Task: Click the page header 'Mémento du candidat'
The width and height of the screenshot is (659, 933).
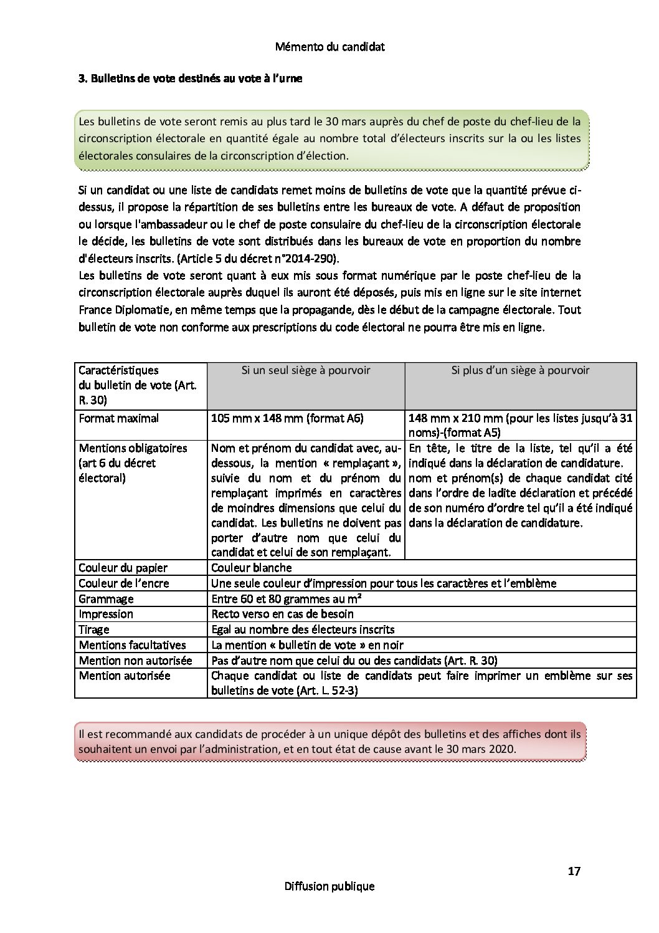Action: (x=329, y=47)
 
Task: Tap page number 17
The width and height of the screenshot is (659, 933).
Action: (x=574, y=871)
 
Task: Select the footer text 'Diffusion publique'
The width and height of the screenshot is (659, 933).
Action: (x=329, y=886)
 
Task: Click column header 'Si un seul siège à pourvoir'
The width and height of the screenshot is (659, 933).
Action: (x=306, y=370)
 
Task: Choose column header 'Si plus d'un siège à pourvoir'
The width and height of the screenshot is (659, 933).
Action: (x=520, y=370)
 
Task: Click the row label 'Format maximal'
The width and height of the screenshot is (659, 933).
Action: (x=119, y=418)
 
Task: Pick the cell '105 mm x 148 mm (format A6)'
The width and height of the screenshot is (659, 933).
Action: (x=287, y=418)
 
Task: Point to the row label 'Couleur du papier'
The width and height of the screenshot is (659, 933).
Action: (x=123, y=568)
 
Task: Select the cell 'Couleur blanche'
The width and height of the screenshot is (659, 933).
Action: (x=252, y=568)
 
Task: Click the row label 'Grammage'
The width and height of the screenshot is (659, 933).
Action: (x=106, y=599)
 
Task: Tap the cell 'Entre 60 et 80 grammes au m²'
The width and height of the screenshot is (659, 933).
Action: (x=287, y=599)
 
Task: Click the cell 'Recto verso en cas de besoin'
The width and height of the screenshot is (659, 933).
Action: (x=282, y=614)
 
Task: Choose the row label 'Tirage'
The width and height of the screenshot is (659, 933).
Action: (x=94, y=629)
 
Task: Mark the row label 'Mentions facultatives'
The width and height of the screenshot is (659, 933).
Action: (x=132, y=645)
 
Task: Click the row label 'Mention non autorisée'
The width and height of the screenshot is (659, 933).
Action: (x=135, y=661)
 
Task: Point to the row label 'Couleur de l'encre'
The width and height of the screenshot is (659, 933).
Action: (x=124, y=583)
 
